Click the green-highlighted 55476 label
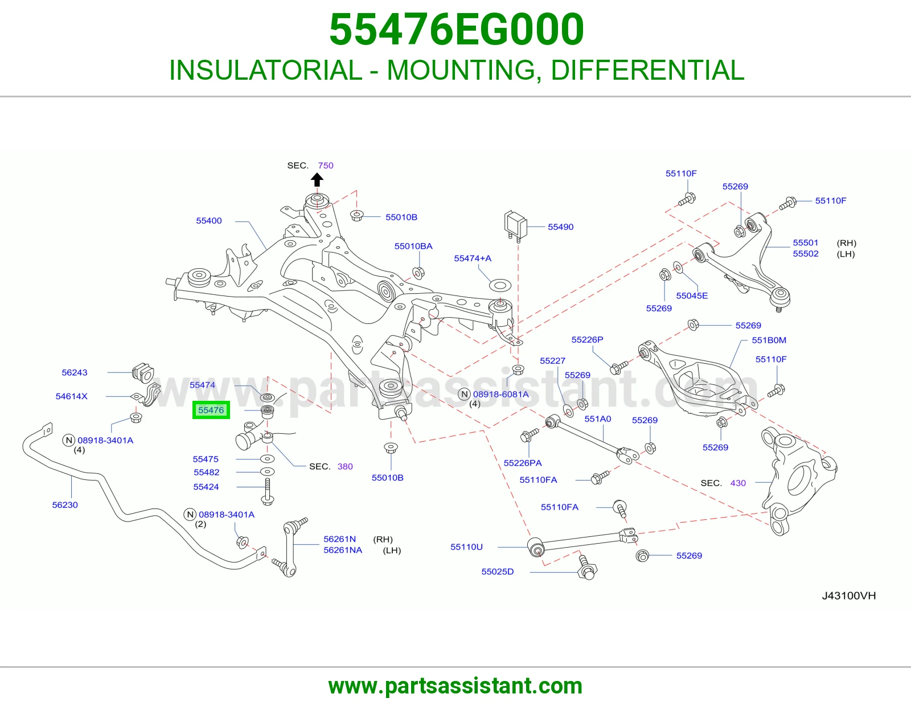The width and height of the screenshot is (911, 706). [x=211, y=410]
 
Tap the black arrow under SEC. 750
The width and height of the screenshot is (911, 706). [x=317, y=180]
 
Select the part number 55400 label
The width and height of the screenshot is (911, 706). [x=209, y=220]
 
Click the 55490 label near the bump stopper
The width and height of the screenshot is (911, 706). [x=560, y=227]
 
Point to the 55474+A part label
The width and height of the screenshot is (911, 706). [x=473, y=258]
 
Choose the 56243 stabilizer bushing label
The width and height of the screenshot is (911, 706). [x=75, y=372]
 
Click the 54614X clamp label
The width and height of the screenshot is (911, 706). [x=72, y=396]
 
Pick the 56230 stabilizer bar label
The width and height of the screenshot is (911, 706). [x=65, y=505]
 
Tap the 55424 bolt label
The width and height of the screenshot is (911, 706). [x=206, y=487]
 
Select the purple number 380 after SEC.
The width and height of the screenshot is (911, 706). [x=345, y=467]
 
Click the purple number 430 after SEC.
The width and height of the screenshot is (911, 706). [x=738, y=483]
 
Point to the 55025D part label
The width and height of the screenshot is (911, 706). [x=497, y=572]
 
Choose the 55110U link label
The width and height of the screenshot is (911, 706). [x=466, y=547]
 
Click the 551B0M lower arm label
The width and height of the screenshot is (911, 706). [x=769, y=340]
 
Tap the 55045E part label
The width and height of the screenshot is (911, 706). [x=692, y=295]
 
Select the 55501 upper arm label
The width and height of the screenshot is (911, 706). [x=805, y=243]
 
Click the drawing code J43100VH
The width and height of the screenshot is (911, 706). [x=848, y=596]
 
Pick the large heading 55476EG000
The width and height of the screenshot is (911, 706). [x=456, y=30]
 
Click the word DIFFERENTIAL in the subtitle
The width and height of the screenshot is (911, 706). [x=648, y=70]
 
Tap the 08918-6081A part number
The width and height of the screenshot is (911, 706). [x=500, y=394]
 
